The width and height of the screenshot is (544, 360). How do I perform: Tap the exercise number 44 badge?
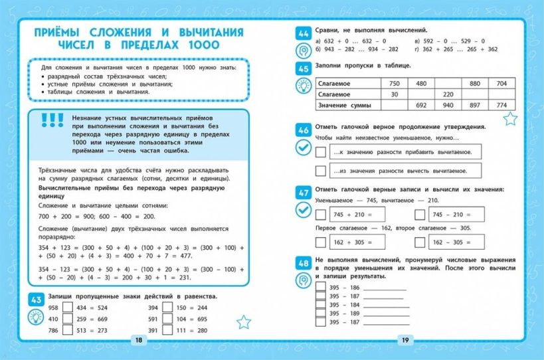point(304,33)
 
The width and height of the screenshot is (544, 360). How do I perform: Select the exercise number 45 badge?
point(304,68)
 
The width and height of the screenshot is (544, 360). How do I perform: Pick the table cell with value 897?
point(474,105)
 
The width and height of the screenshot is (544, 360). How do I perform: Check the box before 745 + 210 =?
point(321,215)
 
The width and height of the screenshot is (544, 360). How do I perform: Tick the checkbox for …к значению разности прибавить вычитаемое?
point(321,152)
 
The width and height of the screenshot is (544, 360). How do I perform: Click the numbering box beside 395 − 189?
point(321,314)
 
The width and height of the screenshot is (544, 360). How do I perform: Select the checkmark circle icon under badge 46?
point(304,148)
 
